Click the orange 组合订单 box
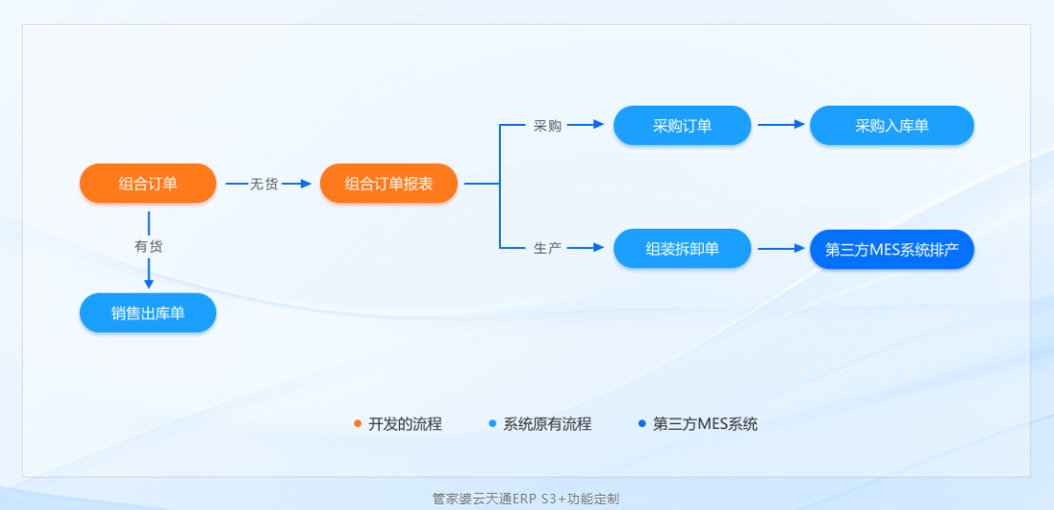(x=148, y=184)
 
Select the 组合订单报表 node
(x=388, y=184)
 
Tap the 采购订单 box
(x=682, y=125)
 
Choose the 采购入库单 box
(x=891, y=125)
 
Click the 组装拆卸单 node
(x=682, y=249)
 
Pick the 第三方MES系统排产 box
(x=891, y=249)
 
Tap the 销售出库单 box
(x=148, y=313)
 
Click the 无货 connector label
(x=264, y=184)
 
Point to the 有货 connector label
(x=149, y=246)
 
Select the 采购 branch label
(x=547, y=125)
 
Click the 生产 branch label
(x=547, y=248)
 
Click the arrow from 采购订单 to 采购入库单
(x=782, y=125)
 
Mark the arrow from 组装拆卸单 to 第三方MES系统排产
(x=782, y=249)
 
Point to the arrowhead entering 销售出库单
(x=149, y=283)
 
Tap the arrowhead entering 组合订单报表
(x=307, y=184)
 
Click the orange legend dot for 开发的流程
(x=357, y=424)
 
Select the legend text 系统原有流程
(x=547, y=424)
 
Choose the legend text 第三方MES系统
(x=705, y=424)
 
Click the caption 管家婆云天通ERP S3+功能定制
(x=526, y=499)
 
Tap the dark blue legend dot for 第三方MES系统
(x=642, y=424)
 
